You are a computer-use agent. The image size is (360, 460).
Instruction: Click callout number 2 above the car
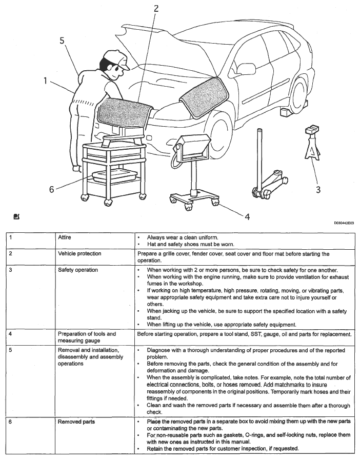tap(156, 8)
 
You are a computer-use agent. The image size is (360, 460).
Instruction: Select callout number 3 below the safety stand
tap(318, 190)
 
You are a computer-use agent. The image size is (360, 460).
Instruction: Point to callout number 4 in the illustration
tap(247, 216)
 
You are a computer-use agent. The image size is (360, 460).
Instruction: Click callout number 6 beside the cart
tap(51, 189)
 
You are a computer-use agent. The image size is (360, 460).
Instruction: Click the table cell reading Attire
tap(65, 238)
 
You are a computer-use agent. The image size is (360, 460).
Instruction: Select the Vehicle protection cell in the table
tap(79, 254)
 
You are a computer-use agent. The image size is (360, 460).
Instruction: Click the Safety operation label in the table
tap(78, 270)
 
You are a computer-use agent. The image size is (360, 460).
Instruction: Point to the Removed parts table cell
tap(76, 422)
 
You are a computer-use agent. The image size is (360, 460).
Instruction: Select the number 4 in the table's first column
tap(11, 334)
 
